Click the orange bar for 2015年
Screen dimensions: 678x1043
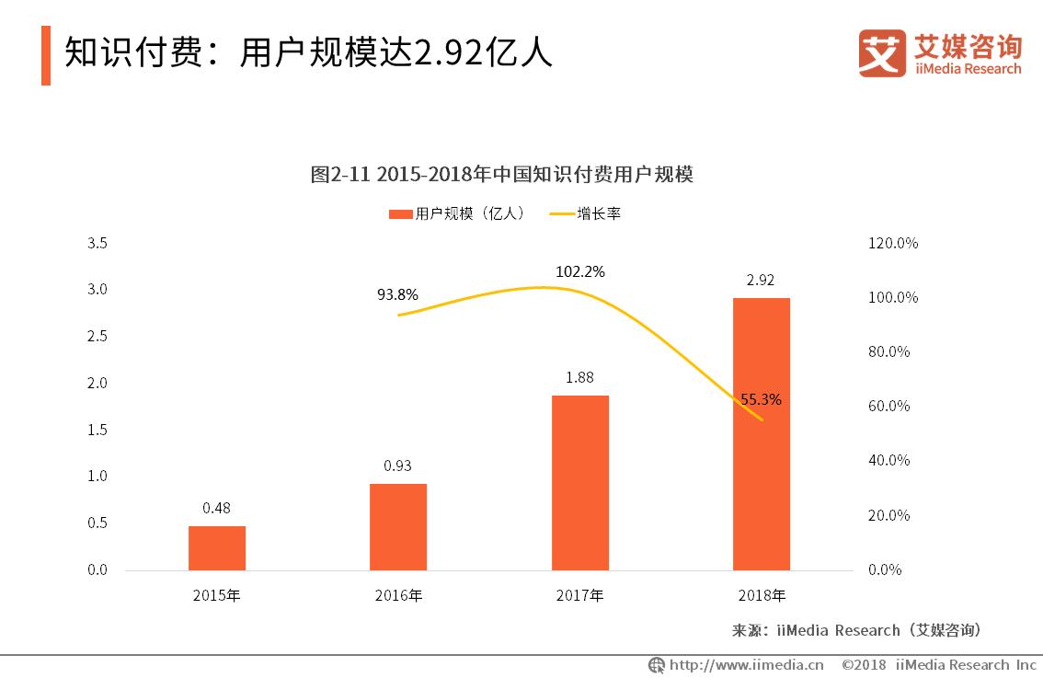217,547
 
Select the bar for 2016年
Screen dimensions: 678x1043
398,526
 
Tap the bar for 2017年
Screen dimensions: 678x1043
579,482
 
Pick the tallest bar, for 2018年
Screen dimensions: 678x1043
761,433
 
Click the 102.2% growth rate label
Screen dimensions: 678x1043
579,272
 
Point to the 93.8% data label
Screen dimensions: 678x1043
397,295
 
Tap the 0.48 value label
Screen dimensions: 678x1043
217,507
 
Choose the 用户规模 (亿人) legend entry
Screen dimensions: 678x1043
458,213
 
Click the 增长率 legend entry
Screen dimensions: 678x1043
587,213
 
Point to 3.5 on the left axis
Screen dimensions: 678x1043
97,244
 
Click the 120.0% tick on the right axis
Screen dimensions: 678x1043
892,244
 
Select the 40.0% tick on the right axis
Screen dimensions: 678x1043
888,461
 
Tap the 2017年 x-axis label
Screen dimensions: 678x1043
579,595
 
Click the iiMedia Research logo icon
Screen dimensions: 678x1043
881,53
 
